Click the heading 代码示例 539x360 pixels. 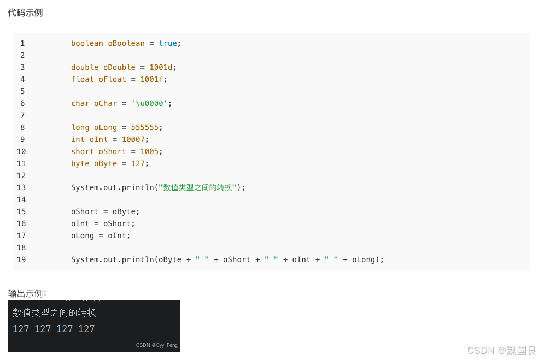25,13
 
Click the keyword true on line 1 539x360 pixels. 168,43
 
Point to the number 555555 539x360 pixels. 145,127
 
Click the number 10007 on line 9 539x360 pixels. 133,139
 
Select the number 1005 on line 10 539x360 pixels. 149,151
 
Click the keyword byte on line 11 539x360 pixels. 80,163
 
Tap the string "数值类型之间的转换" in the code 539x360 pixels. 197,187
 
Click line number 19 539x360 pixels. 21,259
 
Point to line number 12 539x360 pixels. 21,175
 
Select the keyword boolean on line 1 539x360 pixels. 87,43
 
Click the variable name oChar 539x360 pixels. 106,103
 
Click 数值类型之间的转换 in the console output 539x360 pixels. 54,312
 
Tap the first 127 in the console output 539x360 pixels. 21,329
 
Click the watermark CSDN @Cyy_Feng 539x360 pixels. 157,345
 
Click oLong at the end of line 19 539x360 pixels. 364,259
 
